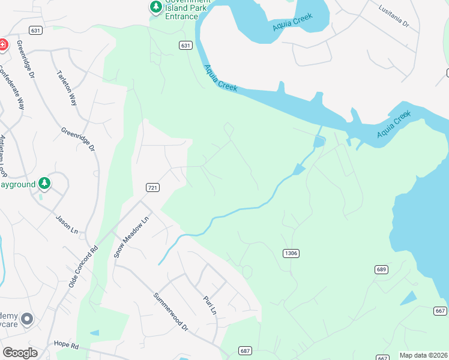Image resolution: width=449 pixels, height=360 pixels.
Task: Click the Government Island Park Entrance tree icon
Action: pyautogui.click(x=156, y=7)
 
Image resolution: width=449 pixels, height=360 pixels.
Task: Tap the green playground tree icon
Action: pyautogui.click(x=44, y=183)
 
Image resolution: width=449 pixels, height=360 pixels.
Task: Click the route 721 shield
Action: pyautogui.click(x=152, y=188)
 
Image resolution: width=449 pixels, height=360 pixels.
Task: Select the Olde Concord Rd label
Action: pyautogui.click(x=83, y=266)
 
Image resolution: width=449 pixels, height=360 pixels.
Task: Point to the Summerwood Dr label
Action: pyautogui.click(x=170, y=311)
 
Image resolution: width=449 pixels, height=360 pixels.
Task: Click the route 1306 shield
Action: pyautogui.click(x=291, y=253)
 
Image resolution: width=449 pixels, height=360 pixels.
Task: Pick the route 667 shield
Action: pyautogui.click(x=440, y=310)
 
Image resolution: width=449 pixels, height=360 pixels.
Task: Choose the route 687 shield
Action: pyautogui.click(x=244, y=350)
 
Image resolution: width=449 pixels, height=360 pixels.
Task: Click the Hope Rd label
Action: pyautogui.click(x=66, y=346)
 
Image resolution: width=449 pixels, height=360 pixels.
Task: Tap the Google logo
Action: pyautogui.click(x=20, y=353)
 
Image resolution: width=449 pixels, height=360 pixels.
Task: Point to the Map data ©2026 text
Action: pyautogui.click(x=424, y=355)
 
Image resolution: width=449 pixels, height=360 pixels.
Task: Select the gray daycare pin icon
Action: pyautogui.click(x=26, y=319)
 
